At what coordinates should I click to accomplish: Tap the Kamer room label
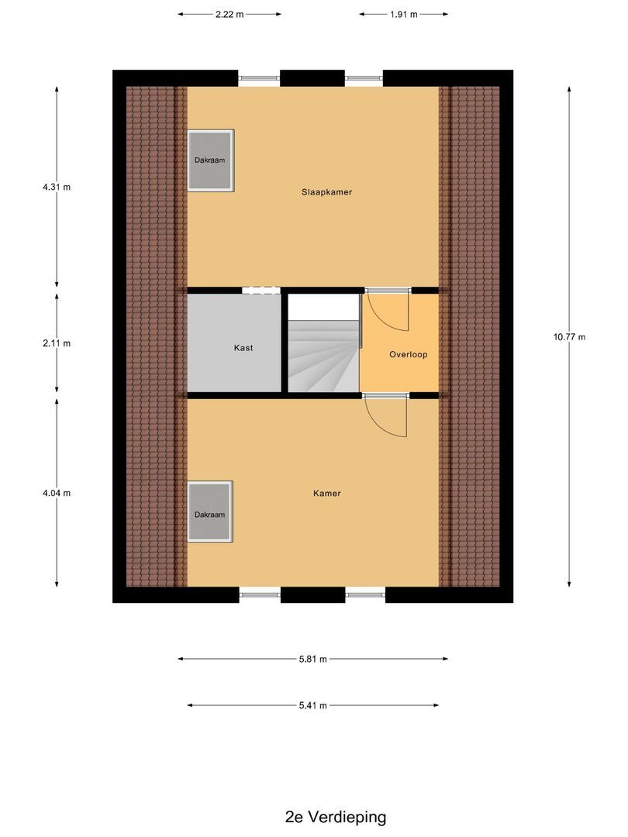tap(326, 493)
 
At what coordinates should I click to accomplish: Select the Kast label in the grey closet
tap(243, 348)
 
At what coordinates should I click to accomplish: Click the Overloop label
tap(408, 354)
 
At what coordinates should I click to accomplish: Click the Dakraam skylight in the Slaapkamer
tap(210, 160)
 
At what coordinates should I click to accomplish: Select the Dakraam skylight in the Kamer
tap(210, 513)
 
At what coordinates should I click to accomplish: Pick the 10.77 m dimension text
tap(569, 336)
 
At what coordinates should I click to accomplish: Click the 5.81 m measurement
tap(312, 659)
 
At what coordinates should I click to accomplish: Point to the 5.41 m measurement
tap(312, 705)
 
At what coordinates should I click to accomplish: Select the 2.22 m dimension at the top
tap(229, 14)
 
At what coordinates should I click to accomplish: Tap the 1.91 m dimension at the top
tap(403, 14)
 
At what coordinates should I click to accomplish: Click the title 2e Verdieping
tap(335, 816)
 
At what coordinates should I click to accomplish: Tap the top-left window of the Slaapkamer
tap(258, 77)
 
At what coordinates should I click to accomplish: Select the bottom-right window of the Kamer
tap(365, 594)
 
